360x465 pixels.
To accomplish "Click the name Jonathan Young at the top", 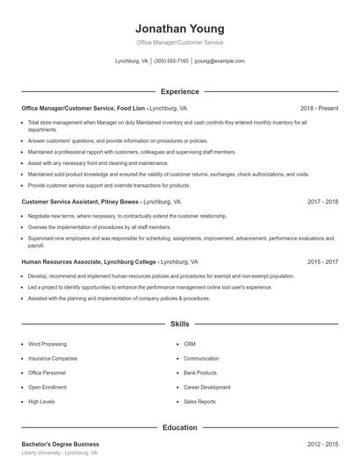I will pos(179,28).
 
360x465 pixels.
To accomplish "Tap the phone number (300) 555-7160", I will pos(171,61).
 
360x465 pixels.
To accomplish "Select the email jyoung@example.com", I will pos(220,61).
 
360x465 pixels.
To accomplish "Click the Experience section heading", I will pos(179,91).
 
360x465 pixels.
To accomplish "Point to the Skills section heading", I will pos(179,324).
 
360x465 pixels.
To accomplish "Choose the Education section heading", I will pos(179,427).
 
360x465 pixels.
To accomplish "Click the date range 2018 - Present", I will pos(319,108).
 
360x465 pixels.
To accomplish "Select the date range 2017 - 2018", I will pos(322,201).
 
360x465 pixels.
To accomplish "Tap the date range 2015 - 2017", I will pos(322,261).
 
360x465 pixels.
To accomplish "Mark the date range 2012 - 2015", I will pos(322,444).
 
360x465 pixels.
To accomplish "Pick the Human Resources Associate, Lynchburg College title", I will pos(89,261).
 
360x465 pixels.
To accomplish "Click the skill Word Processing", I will pos(47,344).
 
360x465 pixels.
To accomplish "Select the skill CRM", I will pos(190,344).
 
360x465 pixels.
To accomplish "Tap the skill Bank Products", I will pos(200,373).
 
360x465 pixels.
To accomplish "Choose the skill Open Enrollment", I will pos(47,387).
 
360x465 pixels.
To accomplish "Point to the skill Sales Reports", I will pos(199,401).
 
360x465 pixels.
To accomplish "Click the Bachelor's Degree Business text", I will pos(60,444).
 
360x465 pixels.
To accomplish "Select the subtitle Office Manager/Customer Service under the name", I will pos(179,42).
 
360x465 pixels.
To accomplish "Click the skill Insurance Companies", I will pos(53,358).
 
